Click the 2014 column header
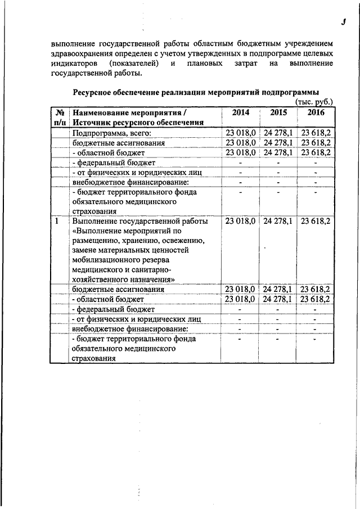tap(241, 112)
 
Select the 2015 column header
tap(278, 112)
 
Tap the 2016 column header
tap(316, 112)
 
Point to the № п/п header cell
tap(60, 117)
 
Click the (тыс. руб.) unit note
tap(314, 102)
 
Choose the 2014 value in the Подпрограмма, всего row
tap(241, 133)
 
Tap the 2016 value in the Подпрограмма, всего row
tap(316, 133)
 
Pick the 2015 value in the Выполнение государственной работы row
tap(278, 221)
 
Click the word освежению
tap(173, 241)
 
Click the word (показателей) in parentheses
tap(135, 63)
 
